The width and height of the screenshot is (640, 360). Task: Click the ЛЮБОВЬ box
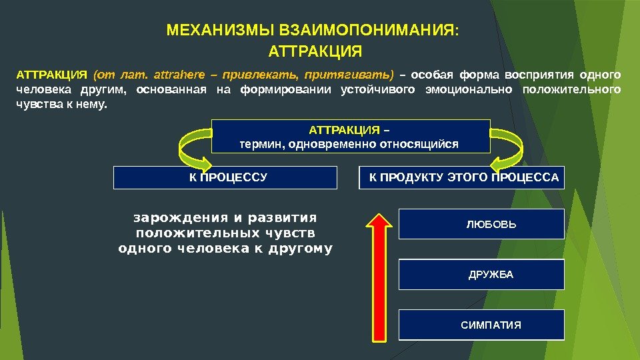(481, 225)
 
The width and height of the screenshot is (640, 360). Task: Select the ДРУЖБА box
(481, 275)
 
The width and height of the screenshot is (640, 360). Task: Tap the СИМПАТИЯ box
(481, 325)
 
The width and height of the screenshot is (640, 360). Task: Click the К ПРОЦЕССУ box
(225, 177)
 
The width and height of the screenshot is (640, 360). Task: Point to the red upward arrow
(378, 277)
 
